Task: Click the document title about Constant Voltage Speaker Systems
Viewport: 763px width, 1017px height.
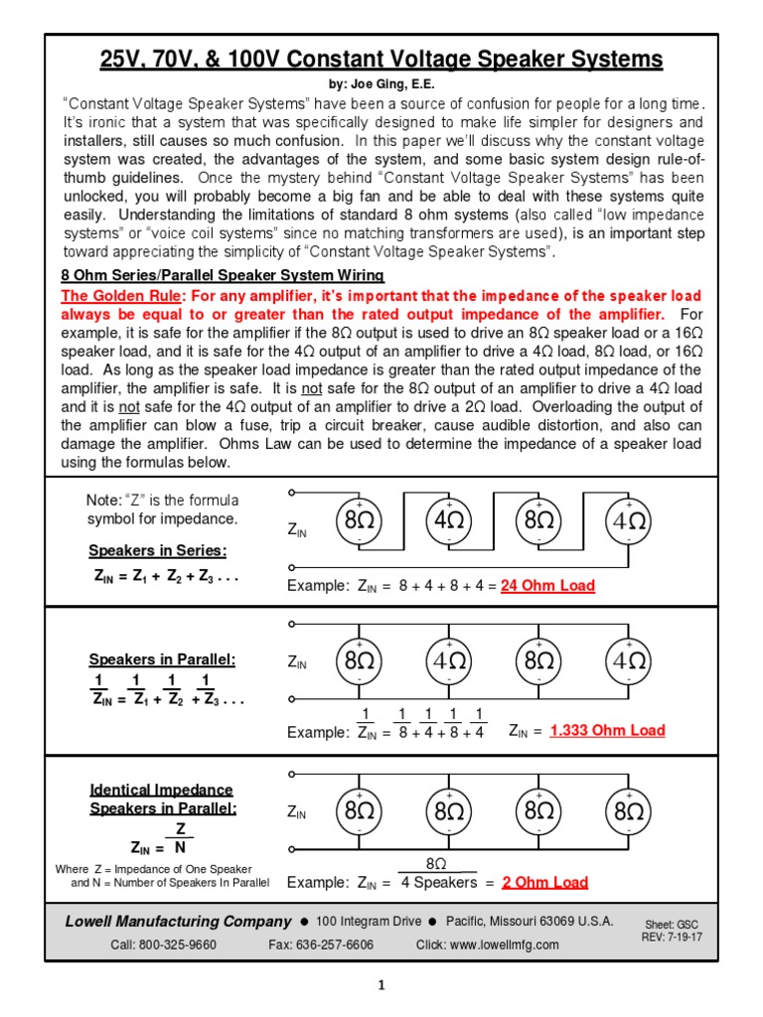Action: tap(381, 60)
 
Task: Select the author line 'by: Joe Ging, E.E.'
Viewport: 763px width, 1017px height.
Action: tap(381, 84)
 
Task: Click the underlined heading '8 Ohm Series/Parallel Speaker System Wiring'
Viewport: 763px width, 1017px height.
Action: tap(223, 275)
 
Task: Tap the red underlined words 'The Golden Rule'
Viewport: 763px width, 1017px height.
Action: tap(121, 296)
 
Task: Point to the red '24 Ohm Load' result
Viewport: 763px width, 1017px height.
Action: tap(547, 586)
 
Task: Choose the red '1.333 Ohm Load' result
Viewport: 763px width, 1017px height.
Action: tap(607, 731)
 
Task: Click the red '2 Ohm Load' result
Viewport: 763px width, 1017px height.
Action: tap(544, 882)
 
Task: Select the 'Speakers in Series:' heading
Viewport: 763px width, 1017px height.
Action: tap(158, 551)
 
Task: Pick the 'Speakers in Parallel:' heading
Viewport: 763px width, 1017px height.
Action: tap(162, 659)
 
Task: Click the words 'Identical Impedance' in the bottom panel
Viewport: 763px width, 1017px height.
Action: tap(161, 790)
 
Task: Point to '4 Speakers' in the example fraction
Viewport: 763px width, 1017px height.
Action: tap(439, 882)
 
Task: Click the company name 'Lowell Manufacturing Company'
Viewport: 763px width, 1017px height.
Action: tap(178, 922)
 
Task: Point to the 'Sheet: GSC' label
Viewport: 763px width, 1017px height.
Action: tap(672, 924)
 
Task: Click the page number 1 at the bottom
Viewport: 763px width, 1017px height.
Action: tap(381, 986)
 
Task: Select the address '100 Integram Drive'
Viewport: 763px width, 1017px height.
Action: tap(368, 922)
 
